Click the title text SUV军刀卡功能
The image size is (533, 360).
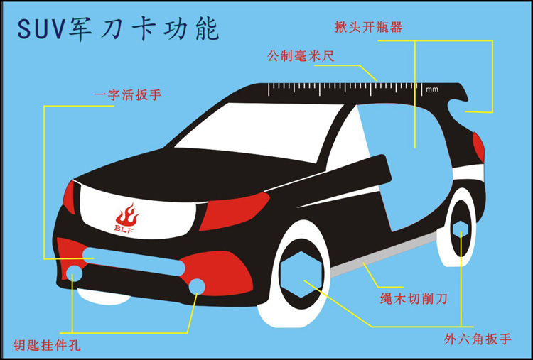[x=117, y=29]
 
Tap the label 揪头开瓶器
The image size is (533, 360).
[x=369, y=28]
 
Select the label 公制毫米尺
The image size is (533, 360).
[x=300, y=55]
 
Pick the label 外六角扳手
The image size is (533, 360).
[x=478, y=338]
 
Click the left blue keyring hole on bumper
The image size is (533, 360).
[x=74, y=271]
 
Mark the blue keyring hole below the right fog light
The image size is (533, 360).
[x=197, y=285]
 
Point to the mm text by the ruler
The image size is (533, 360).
[x=432, y=89]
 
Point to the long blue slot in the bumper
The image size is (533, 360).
[x=135, y=256]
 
